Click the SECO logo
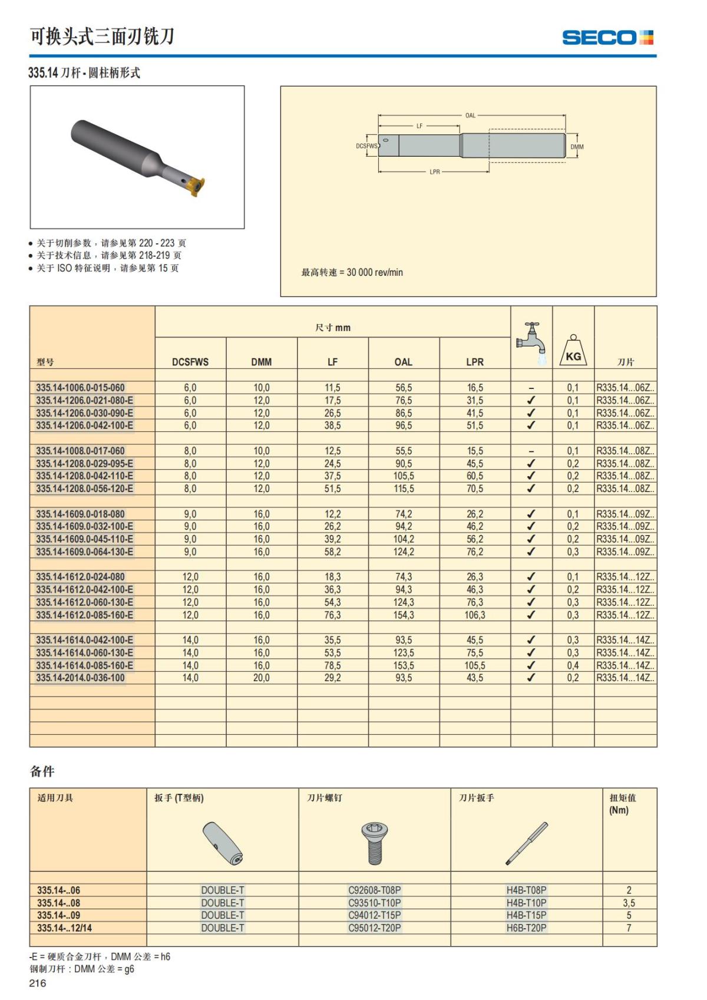coord(607,38)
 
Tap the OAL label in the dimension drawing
coord(470,115)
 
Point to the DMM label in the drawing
coord(577,147)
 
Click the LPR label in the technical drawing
coord(435,172)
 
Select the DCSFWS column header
coord(190,362)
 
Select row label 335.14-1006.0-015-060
coord(81,388)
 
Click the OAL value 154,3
coord(404,615)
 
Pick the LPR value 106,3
coord(475,615)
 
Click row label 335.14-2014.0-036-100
coord(81,678)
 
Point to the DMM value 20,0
coord(261,678)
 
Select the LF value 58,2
coord(332,552)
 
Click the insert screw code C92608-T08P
coord(375,890)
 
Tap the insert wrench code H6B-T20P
coord(526,928)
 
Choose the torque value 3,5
coord(629,903)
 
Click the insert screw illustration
coord(374,843)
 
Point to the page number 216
coord(37,983)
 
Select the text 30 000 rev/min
coord(375,272)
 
